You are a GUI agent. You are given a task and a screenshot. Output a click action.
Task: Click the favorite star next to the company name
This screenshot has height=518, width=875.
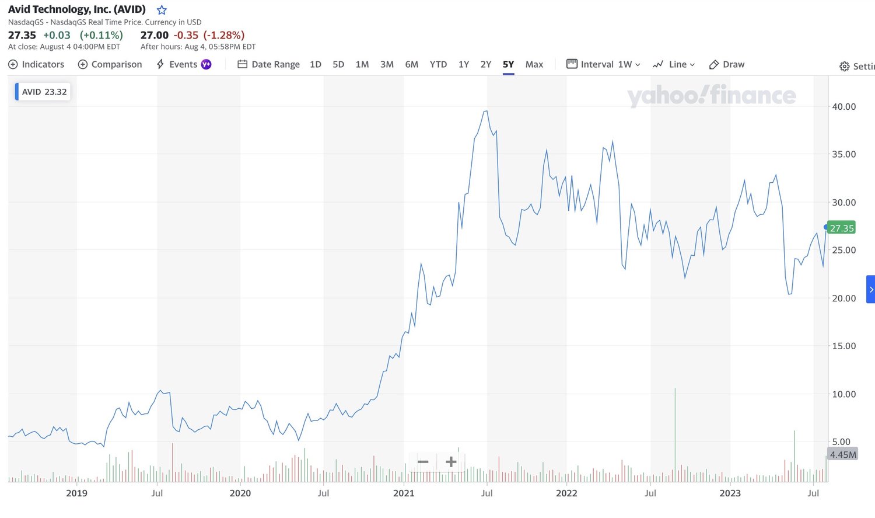(x=162, y=10)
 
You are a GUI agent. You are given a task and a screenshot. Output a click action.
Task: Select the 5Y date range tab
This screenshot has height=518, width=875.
(x=508, y=64)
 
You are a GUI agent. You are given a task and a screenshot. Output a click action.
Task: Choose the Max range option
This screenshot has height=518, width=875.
(x=534, y=64)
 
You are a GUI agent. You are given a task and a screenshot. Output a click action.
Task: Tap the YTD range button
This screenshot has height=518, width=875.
(x=438, y=64)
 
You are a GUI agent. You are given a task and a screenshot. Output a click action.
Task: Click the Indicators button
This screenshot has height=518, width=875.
(x=36, y=64)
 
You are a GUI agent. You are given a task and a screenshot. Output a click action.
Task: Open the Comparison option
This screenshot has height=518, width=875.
(x=110, y=64)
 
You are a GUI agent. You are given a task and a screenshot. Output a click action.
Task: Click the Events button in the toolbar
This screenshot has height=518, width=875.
(x=184, y=64)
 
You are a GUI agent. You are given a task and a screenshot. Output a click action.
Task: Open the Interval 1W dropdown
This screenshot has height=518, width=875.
(x=603, y=64)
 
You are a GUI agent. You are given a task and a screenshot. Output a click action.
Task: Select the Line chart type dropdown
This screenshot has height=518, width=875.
(x=674, y=64)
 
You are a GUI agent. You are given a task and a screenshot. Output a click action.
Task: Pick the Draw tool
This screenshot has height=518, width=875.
(x=727, y=64)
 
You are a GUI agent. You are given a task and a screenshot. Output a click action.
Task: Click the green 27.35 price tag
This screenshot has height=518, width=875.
(x=841, y=228)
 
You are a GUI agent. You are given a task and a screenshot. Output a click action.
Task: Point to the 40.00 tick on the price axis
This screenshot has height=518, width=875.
(x=843, y=106)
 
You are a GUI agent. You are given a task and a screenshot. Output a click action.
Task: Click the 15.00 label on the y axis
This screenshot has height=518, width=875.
(x=843, y=346)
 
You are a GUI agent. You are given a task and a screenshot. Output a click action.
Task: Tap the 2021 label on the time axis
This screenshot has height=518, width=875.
(x=404, y=493)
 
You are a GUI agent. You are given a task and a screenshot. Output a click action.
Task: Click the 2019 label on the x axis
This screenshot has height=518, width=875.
(x=76, y=493)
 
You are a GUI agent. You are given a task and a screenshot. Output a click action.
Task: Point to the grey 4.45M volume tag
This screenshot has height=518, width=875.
(x=842, y=454)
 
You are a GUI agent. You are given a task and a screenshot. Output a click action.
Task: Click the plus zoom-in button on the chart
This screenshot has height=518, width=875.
(x=451, y=462)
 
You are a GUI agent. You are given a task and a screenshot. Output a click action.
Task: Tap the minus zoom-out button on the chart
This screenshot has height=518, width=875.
(x=423, y=462)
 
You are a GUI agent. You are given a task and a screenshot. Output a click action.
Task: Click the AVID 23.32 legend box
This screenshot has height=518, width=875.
(x=43, y=92)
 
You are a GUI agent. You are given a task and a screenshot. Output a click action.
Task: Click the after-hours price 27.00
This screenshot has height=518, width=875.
(x=155, y=35)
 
